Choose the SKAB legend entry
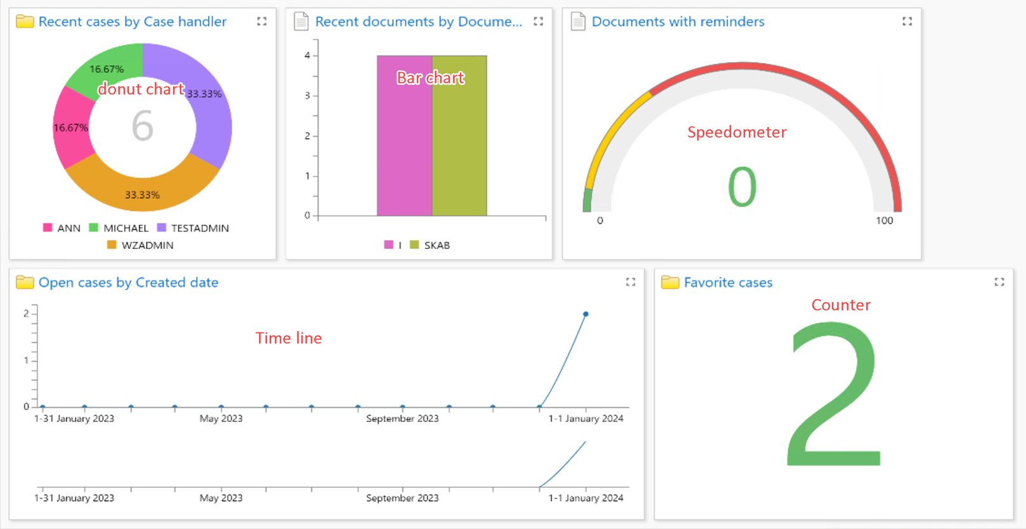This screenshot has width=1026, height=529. [x=430, y=245]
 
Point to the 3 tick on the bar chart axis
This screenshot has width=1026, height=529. [x=307, y=96]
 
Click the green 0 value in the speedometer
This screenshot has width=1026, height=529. [x=742, y=187]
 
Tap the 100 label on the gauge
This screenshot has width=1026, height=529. [x=884, y=220]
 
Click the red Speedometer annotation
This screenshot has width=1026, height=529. [x=736, y=132]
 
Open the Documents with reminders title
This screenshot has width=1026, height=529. [x=677, y=22]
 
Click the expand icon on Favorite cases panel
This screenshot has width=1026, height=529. [x=999, y=282]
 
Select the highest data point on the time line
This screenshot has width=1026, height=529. [x=586, y=314]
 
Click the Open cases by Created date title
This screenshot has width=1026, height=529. [x=128, y=283]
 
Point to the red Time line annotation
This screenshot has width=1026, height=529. [x=288, y=338]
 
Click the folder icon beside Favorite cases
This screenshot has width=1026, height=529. [x=670, y=282]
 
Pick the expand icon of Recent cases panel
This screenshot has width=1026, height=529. [x=262, y=22]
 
